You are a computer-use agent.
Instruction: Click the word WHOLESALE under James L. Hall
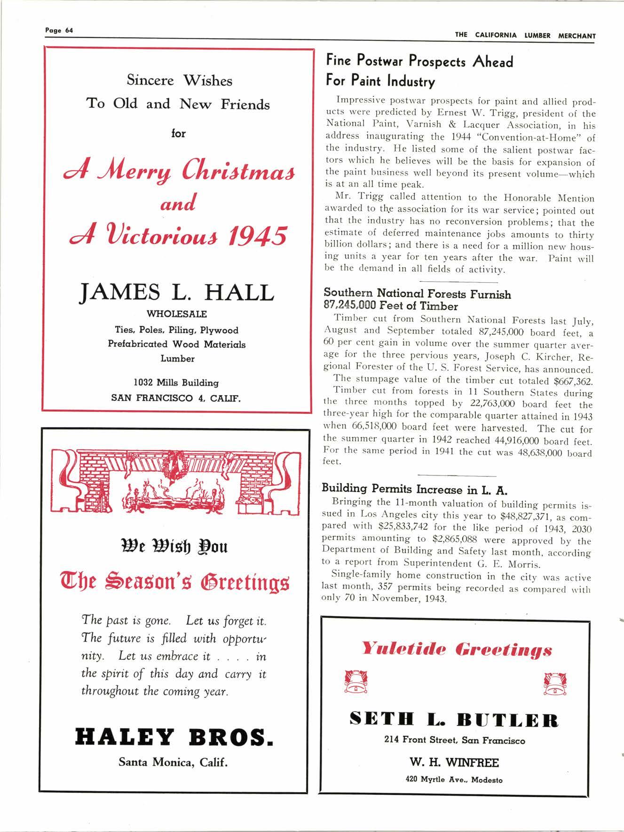(177, 314)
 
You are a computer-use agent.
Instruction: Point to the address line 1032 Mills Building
(177, 383)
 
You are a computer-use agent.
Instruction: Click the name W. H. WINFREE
(455, 762)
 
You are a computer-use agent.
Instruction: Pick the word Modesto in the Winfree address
(487, 780)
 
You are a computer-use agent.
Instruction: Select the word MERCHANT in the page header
(577, 36)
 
